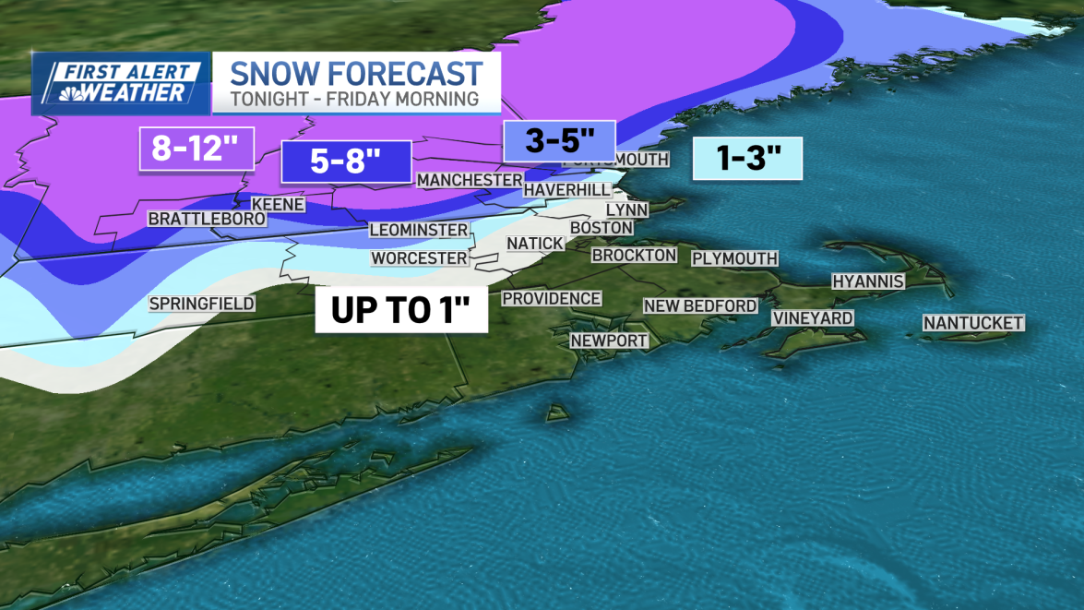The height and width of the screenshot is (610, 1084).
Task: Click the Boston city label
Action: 602,227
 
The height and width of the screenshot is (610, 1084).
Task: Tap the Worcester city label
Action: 419,258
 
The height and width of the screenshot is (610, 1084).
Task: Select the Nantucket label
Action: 973,323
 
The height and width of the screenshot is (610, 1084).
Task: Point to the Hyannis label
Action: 867,281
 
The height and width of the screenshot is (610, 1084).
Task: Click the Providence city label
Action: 551,298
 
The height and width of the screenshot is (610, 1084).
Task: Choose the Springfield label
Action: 201,304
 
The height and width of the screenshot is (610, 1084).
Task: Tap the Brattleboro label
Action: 207,219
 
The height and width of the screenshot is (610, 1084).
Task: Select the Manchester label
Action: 469,179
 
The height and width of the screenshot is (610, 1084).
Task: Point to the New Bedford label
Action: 700,305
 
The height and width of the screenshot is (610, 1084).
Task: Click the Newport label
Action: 609,341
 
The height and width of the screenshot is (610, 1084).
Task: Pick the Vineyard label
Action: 812,318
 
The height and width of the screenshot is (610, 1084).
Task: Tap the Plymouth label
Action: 734,258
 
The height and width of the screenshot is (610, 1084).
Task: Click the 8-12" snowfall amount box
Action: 197,149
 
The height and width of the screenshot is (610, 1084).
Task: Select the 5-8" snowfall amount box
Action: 346,161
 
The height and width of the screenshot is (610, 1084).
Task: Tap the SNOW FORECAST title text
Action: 356,73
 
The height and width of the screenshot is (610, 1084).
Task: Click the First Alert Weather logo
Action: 120,83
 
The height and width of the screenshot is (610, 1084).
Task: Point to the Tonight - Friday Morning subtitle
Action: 354,99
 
